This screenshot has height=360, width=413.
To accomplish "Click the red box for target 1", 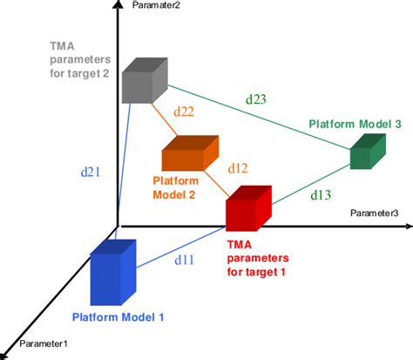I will coord(248,210).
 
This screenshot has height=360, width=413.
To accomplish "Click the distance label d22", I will coord(184,112).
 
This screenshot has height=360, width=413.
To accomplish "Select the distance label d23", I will coord(255,99).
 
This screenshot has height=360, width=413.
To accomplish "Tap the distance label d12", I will coord(238,167).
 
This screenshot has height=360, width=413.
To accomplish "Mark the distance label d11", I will coord(185,259).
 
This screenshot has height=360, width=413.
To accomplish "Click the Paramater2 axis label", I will coord(156,6).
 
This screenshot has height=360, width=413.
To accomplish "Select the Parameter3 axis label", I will coord(376,212).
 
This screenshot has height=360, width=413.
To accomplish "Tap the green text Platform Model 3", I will coord(355,125).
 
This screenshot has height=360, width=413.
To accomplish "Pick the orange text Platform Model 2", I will coord(176,187).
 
